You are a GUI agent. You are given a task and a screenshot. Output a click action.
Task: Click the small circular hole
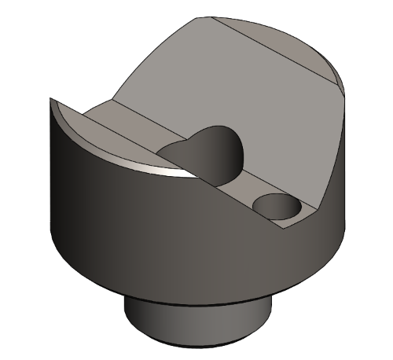[277, 208]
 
